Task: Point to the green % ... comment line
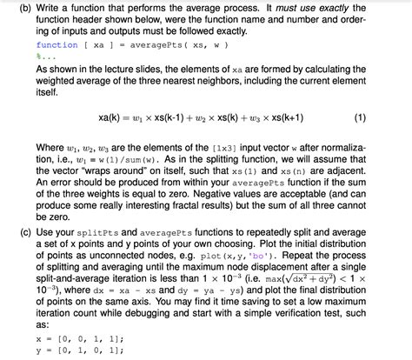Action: pyautogui.click(x=44, y=56)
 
